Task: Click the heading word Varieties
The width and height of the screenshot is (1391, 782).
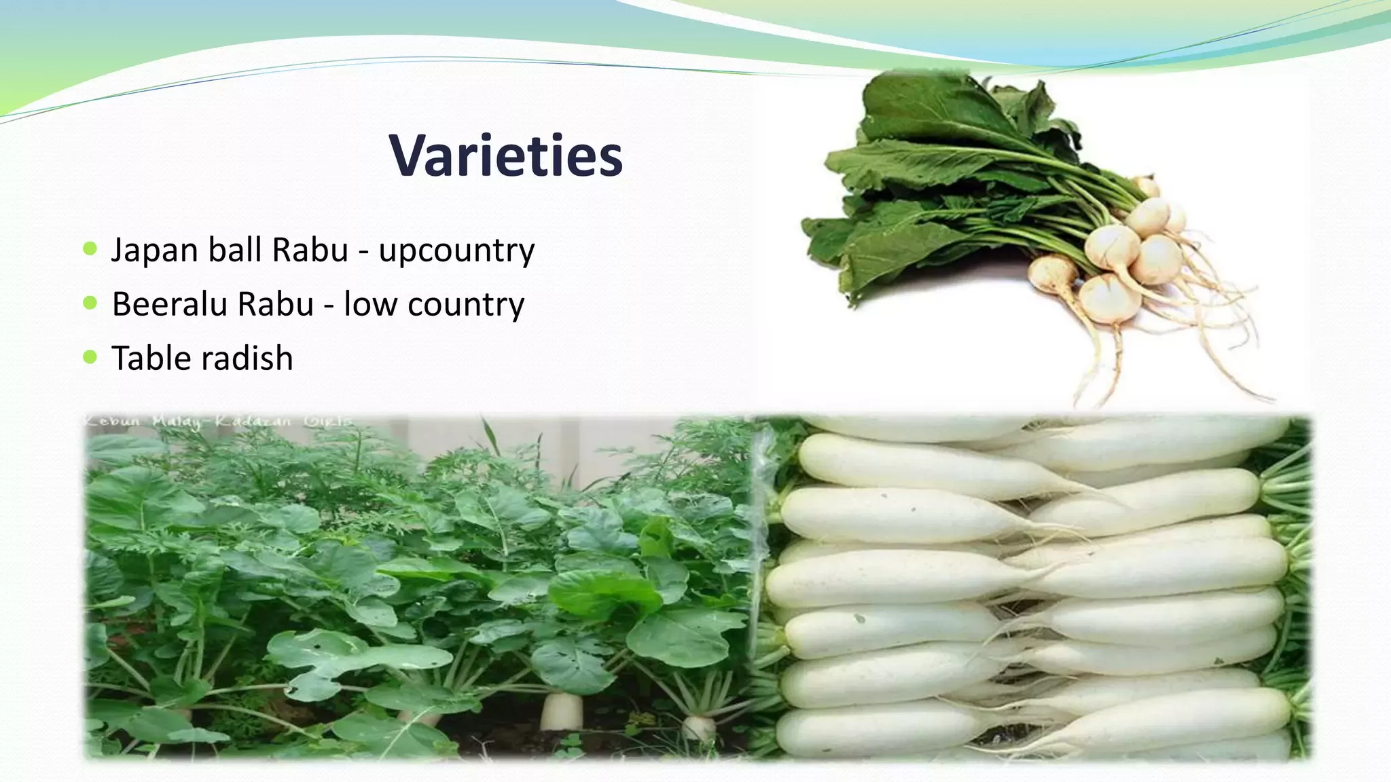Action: coord(505,156)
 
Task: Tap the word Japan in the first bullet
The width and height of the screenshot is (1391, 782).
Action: coord(155,250)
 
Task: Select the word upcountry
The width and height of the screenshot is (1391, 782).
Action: coord(456,251)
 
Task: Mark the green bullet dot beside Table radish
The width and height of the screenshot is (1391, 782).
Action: coord(90,356)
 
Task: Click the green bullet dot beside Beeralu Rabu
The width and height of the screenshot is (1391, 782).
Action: coord(90,302)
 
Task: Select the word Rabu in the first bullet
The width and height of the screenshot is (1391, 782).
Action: coord(310,250)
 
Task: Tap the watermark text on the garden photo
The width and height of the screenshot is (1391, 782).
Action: coord(217,422)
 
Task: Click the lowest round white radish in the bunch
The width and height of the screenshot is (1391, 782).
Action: coord(1109,297)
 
